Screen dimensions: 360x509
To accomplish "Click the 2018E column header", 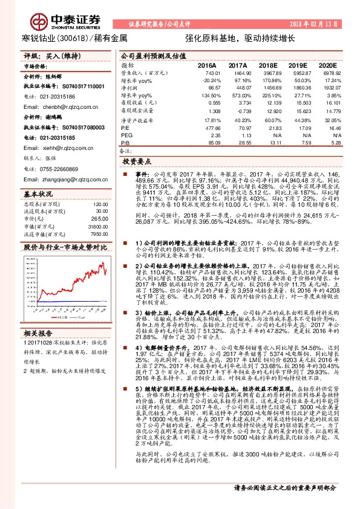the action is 268,65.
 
